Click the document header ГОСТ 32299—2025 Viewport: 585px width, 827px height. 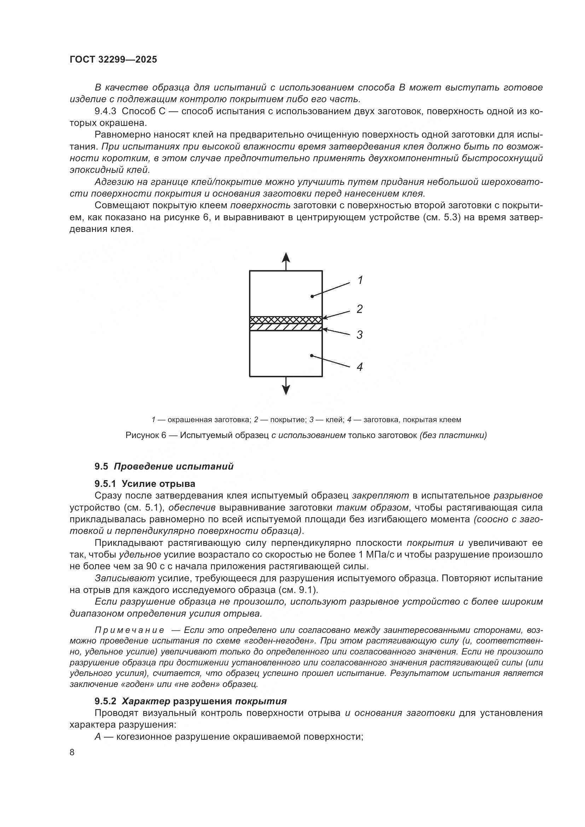tap(113, 60)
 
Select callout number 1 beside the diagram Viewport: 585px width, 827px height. tap(360, 280)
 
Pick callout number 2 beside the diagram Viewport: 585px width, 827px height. tap(359, 309)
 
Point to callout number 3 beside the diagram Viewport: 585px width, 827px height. tap(359, 334)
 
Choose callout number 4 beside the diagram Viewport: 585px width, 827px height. tap(359, 367)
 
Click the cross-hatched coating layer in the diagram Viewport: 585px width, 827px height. tap(286, 320)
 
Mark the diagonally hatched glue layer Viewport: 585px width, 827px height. tap(286, 327)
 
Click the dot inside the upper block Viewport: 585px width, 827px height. tap(312, 296)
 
